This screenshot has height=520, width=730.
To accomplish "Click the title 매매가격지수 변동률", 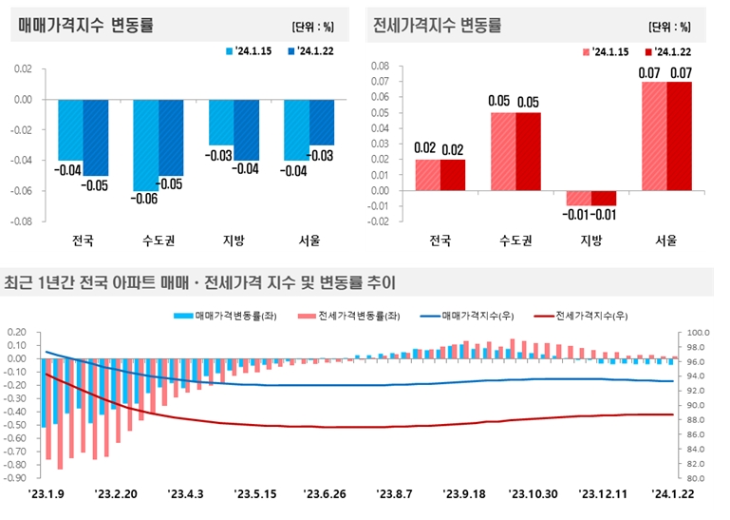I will [x=85, y=26].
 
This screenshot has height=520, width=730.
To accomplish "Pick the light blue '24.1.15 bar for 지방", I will [x=221, y=122].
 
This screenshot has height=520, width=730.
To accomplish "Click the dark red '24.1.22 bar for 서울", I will [x=680, y=136].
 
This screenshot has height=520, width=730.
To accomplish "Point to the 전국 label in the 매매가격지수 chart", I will [x=83, y=240].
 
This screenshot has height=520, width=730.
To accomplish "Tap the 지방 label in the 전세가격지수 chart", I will [x=590, y=241].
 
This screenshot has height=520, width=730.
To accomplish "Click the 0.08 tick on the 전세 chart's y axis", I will [x=379, y=66].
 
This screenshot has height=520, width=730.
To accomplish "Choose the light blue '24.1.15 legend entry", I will [x=252, y=51].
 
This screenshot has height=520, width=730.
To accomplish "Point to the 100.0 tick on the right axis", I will [x=698, y=334].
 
